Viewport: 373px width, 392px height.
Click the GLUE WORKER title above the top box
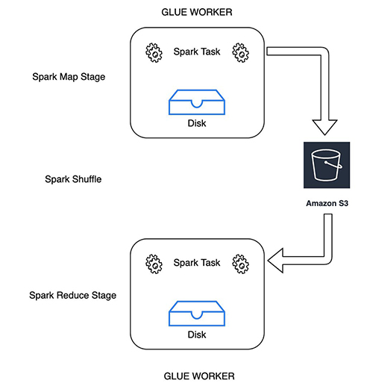click(197, 12)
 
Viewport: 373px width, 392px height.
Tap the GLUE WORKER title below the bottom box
click(199, 376)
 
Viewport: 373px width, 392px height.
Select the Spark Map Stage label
click(69, 77)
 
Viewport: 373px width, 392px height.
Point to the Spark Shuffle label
click(73, 179)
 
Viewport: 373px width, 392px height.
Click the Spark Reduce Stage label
click(72, 295)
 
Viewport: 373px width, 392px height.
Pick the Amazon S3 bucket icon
click(327, 165)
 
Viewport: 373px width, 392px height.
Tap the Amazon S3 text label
click(327, 203)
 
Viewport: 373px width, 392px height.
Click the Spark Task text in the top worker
click(197, 52)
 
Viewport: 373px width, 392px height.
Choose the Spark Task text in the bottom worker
click(197, 263)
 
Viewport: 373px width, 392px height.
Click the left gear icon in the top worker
click(154, 53)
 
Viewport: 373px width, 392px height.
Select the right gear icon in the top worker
click(240, 53)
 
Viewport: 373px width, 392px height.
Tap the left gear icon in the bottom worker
click(154, 264)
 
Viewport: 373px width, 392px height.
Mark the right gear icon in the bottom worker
click(240, 264)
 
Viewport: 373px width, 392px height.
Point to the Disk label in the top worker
click(197, 123)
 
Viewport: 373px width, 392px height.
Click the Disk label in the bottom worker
click(197, 335)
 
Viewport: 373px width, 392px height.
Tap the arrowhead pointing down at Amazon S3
click(325, 127)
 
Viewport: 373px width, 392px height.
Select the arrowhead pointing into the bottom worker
click(276, 261)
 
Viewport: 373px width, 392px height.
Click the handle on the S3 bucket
click(334, 166)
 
